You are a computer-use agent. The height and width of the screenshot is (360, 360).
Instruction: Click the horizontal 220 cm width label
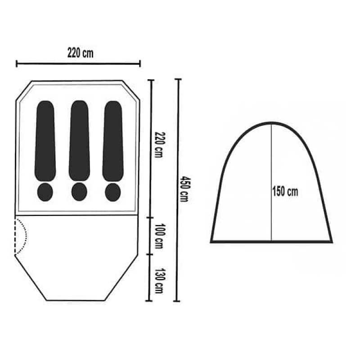[81, 53]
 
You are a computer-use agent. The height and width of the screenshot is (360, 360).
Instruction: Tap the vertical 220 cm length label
[159, 144]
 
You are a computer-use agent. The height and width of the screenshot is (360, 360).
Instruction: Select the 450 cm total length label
[184, 189]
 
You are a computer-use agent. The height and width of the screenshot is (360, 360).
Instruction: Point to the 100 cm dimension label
[159, 236]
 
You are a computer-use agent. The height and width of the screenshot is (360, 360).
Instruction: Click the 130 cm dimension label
[159, 280]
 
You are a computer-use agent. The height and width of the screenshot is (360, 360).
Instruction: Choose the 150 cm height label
[285, 191]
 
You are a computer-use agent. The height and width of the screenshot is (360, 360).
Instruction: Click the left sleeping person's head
[45, 192]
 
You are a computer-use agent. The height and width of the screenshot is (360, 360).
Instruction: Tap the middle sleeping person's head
[79, 192]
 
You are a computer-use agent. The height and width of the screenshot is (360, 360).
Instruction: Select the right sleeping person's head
[113, 192]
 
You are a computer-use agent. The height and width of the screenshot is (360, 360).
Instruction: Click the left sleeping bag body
[45, 141]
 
